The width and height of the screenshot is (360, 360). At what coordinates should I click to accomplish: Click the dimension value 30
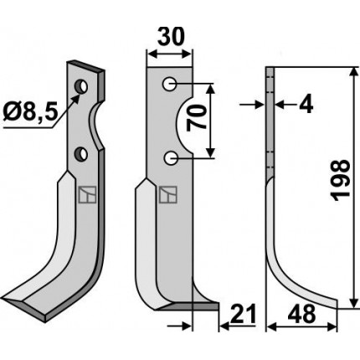tap(171, 37)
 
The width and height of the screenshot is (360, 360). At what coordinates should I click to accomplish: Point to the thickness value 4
tap(306, 105)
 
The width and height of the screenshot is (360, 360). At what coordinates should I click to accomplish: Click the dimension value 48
tap(301, 314)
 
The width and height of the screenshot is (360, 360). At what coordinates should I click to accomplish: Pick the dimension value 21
tap(243, 314)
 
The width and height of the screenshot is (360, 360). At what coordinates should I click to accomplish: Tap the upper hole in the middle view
tap(170, 84)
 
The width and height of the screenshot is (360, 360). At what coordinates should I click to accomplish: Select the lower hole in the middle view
tap(170, 158)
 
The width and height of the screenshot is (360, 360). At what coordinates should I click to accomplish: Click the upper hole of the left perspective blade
tap(81, 87)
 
